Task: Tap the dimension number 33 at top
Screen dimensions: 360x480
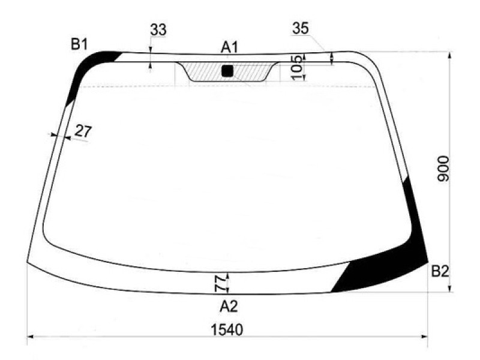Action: (158, 29)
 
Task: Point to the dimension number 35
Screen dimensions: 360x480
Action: (301, 28)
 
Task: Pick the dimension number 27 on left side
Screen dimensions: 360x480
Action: (83, 131)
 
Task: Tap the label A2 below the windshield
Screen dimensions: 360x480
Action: (228, 307)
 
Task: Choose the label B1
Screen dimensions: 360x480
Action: (80, 44)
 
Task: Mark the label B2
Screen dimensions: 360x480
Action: (439, 272)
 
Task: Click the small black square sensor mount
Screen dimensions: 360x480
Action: (227, 71)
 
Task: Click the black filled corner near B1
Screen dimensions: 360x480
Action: (90, 65)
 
